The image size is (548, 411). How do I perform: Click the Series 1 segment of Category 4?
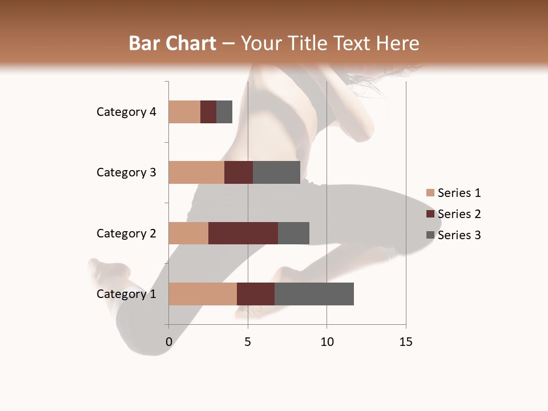(x=184, y=112)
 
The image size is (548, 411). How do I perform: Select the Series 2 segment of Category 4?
(x=208, y=112)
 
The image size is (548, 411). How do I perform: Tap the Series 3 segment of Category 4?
(x=224, y=112)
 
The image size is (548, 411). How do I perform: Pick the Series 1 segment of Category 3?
(x=196, y=172)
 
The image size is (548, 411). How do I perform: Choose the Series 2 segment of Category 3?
(x=239, y=172)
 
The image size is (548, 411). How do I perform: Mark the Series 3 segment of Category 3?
(x=276, y=172)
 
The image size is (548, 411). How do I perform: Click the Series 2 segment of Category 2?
(x=243, y=233)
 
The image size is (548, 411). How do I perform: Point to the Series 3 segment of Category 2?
(x=293, y=233)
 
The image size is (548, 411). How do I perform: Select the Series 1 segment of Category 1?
(x=203, y=294)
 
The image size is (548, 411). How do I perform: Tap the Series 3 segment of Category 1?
(x=314, y=294)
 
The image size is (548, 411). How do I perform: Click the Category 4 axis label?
(x=126, y=112)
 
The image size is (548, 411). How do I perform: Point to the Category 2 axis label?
(x=126, y=233)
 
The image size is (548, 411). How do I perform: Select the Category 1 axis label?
(x=126, y=294)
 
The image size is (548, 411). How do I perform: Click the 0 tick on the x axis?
(x=169, y=342)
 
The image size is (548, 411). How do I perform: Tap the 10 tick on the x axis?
(x=327, y=342)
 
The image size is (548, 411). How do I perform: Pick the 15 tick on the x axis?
(x=406, y=342)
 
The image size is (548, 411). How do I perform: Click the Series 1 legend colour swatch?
(x=430, y=193)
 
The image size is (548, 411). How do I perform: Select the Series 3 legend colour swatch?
(x=430, y=235)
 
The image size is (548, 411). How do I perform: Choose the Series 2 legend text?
(x=459, y=214)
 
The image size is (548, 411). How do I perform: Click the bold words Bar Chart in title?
(x=172, y=43)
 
